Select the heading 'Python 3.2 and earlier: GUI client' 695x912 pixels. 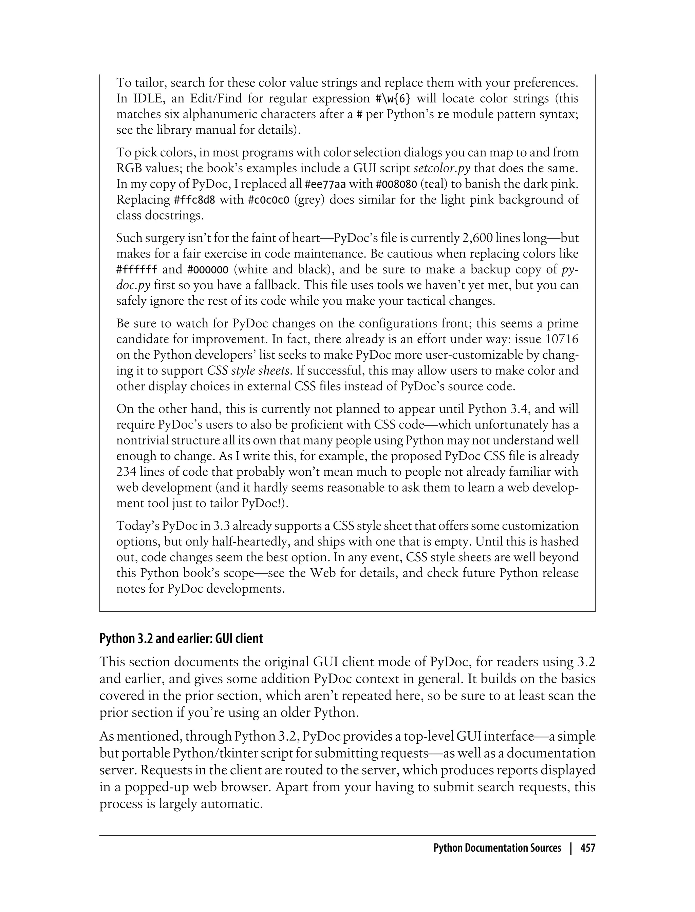[x=181, y=639]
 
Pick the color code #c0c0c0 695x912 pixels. [x=268, y=200]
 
